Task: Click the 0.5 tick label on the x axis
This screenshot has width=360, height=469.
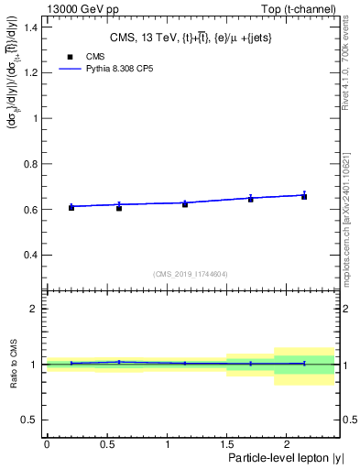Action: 106,444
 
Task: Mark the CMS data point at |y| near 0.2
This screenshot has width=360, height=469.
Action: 71,208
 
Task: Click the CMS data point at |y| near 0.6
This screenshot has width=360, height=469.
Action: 119,208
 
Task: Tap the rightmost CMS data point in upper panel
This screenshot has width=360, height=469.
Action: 304,197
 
